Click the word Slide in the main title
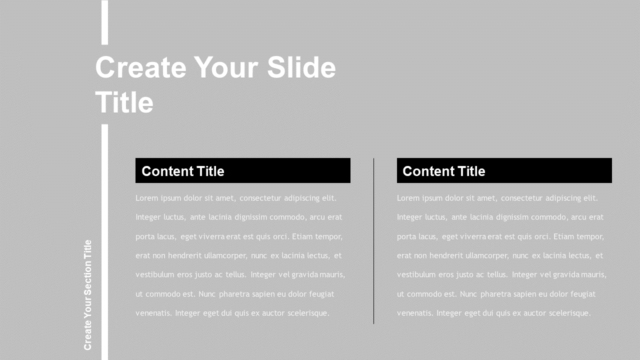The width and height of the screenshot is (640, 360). point(301,67)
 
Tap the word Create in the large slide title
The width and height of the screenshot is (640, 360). point(140,67)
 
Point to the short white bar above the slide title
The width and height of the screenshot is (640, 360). point(104,22)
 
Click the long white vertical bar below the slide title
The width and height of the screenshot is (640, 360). point(104,240)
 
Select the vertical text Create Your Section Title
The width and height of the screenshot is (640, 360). point(88,295)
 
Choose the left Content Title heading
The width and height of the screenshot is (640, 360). point(183,171)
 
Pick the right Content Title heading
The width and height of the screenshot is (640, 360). point(444,171)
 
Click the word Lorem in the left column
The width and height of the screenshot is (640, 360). point(146,198)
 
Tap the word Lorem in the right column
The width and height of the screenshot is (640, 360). point(407,198)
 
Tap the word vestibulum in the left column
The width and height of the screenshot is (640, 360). point(154,274)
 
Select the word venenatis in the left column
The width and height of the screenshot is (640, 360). point(153,313)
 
